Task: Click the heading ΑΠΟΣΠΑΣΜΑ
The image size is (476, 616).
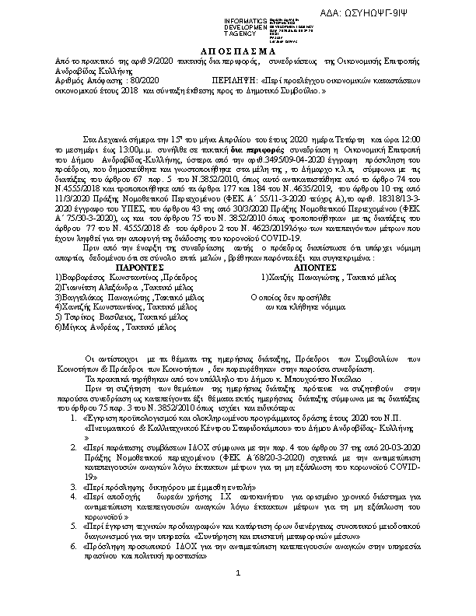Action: tap(238, 47)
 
